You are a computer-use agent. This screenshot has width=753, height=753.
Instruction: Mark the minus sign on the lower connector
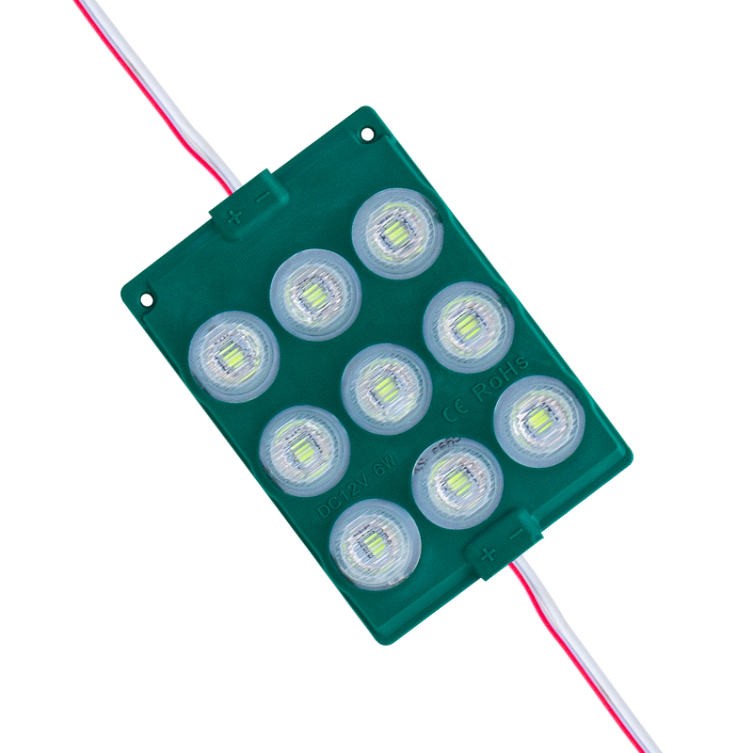(515, 533)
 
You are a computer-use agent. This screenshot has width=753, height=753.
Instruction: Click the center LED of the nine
(386, 389)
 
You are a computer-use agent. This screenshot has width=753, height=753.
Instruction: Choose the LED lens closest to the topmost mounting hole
(397, 233)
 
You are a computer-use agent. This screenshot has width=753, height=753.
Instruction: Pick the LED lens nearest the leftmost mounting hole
(233, 356)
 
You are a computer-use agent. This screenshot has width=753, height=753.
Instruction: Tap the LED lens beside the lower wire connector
(457, 483)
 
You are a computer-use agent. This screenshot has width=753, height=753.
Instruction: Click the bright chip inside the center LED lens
(386, 389)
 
